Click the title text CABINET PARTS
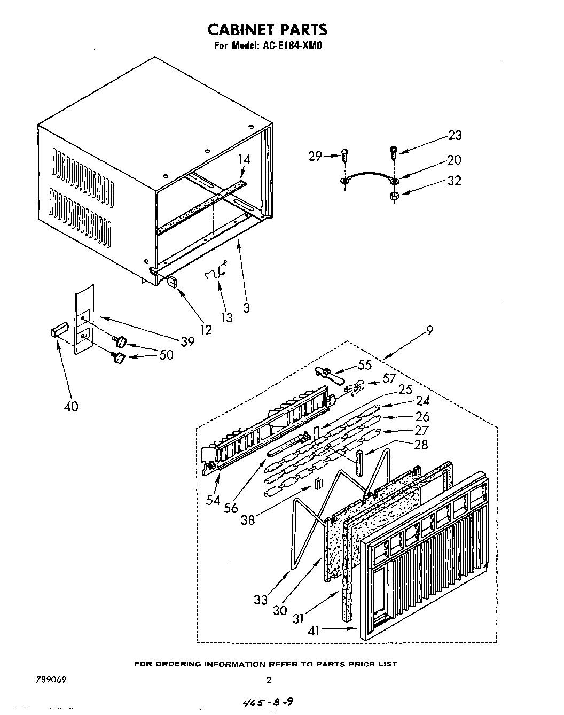pos(267,29)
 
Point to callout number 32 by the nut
pos(454,181)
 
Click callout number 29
pos(315,156)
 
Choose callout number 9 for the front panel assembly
pos(429,331)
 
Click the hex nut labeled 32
pos(395,196)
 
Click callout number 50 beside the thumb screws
pos(166,354)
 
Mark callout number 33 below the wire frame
pos(261,600)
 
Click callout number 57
pos(389,378)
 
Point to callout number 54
pos(213,500)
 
